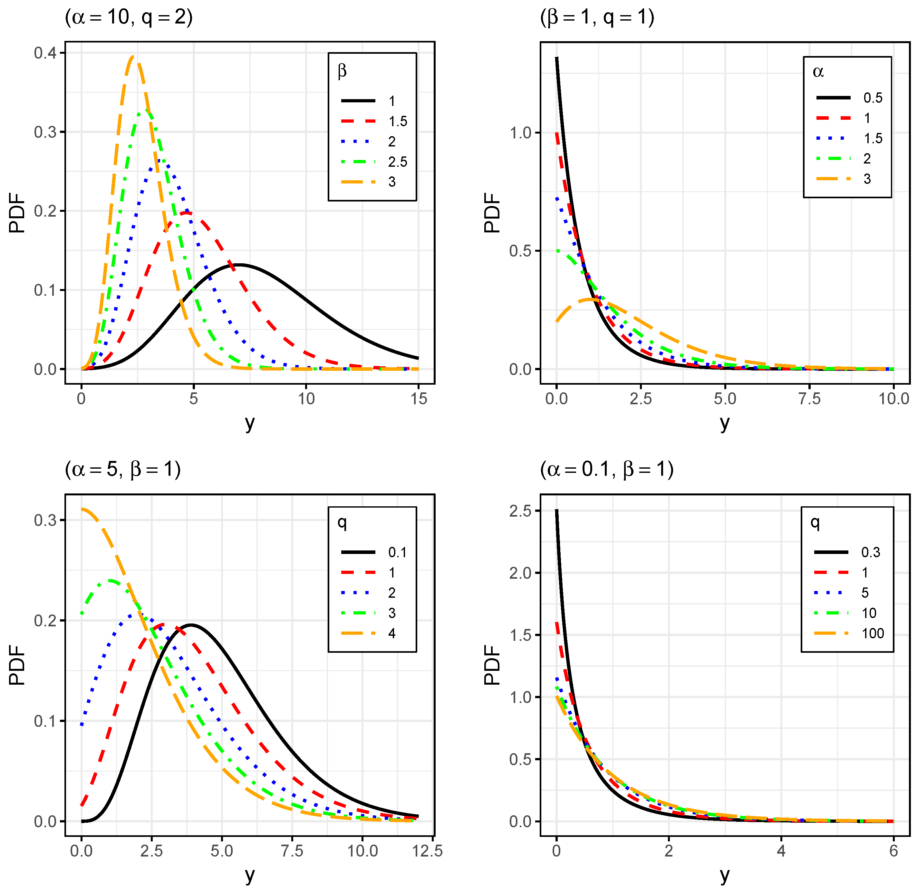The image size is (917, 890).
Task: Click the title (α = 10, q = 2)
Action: (129, 17)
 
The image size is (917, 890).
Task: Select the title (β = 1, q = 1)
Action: (597, 17)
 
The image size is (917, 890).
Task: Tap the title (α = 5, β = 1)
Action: (122, 469)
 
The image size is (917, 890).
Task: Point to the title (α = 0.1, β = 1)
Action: (607, 469)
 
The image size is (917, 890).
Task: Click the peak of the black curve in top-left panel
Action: (239, 265)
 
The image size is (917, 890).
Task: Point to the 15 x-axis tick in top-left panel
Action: (419, 399)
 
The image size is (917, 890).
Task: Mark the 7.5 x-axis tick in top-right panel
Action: (809, 399)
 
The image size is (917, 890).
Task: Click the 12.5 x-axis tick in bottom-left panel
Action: (427, 851)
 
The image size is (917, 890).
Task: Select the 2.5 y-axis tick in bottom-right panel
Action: (520, 511)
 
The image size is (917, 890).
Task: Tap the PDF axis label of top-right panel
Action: (492, 213)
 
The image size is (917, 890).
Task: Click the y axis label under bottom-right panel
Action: (725, 875)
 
